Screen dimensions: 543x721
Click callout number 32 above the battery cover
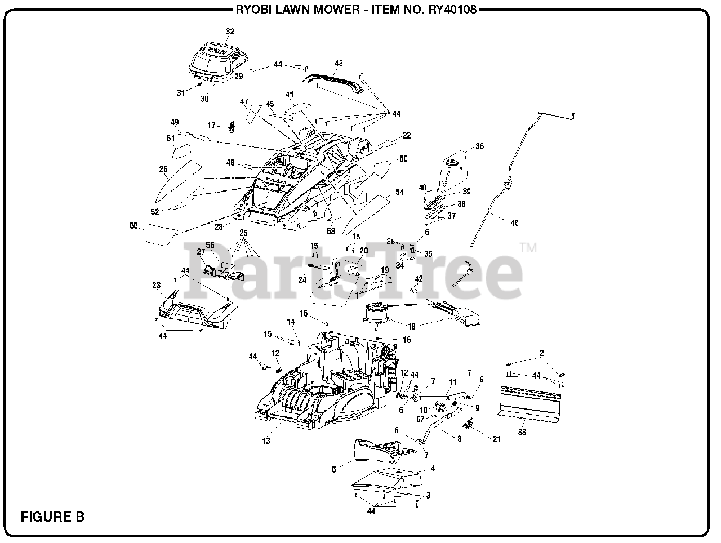click(229, 32)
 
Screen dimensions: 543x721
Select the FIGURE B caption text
click(52, 516)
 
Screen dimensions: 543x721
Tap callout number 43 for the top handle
click(339, 63)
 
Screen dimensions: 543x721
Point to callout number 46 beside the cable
click(514, 223)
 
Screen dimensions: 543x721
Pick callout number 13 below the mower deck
click(266, 440)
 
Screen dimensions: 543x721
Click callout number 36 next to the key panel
click(479, 146)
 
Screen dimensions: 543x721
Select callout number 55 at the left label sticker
click(133, 226)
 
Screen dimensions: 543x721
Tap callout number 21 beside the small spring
click(496, 439)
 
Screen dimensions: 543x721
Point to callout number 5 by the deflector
click(333, 469)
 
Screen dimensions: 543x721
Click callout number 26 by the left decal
click(163, 168)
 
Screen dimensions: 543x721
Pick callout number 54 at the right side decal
click(399, 192)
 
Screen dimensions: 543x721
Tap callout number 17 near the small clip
click(211, 126)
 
